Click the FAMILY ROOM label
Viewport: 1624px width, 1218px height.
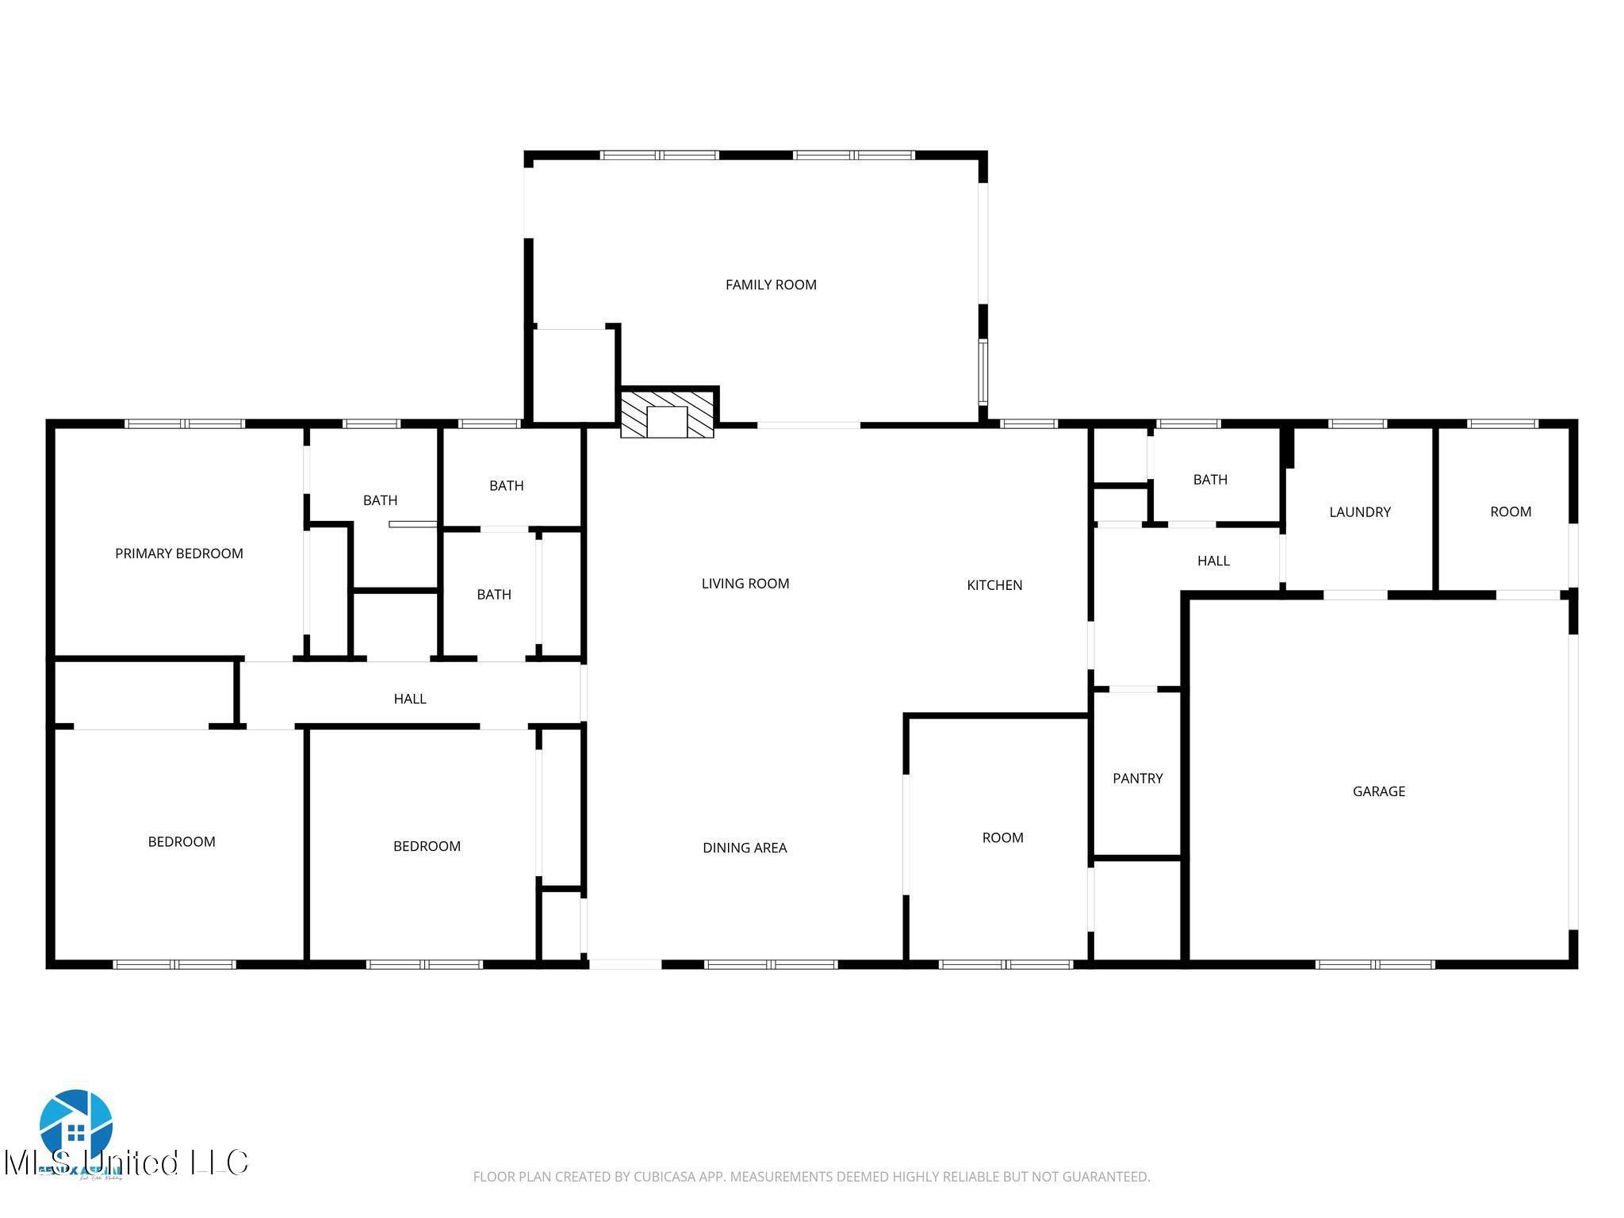[x=771, y=285]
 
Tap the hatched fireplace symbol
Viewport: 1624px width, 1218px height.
[x=667, y=413]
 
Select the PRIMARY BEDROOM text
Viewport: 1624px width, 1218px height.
[x=179, y=553]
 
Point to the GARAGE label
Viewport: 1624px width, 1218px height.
[x=1378, y=791]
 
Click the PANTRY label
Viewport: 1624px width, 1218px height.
[x=1137, y=778]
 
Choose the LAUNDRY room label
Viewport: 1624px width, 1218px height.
[x=1359, y=511]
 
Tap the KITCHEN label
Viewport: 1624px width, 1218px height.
[x=994, y=585]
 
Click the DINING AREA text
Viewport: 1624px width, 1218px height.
[x=745, y=848]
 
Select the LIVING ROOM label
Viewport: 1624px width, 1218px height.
[x=745, y=584]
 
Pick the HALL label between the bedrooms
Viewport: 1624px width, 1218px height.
[x=410, y=699]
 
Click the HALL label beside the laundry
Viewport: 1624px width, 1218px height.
[x=1213, y=561]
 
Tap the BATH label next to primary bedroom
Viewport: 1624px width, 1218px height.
[x=380, y=500]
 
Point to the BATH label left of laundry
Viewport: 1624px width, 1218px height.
[x=1210, y=479]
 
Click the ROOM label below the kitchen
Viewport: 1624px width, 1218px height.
[x=1002, y=837]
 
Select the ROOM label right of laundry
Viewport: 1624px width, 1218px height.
[x=1510, y=511]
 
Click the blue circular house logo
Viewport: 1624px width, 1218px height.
[x=76, y=1124]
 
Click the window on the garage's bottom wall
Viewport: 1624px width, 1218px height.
[x=1375, y=964]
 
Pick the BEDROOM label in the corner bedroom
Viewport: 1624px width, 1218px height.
[x=182, y=841]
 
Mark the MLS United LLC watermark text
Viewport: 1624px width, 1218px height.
[x=127, y=1162]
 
